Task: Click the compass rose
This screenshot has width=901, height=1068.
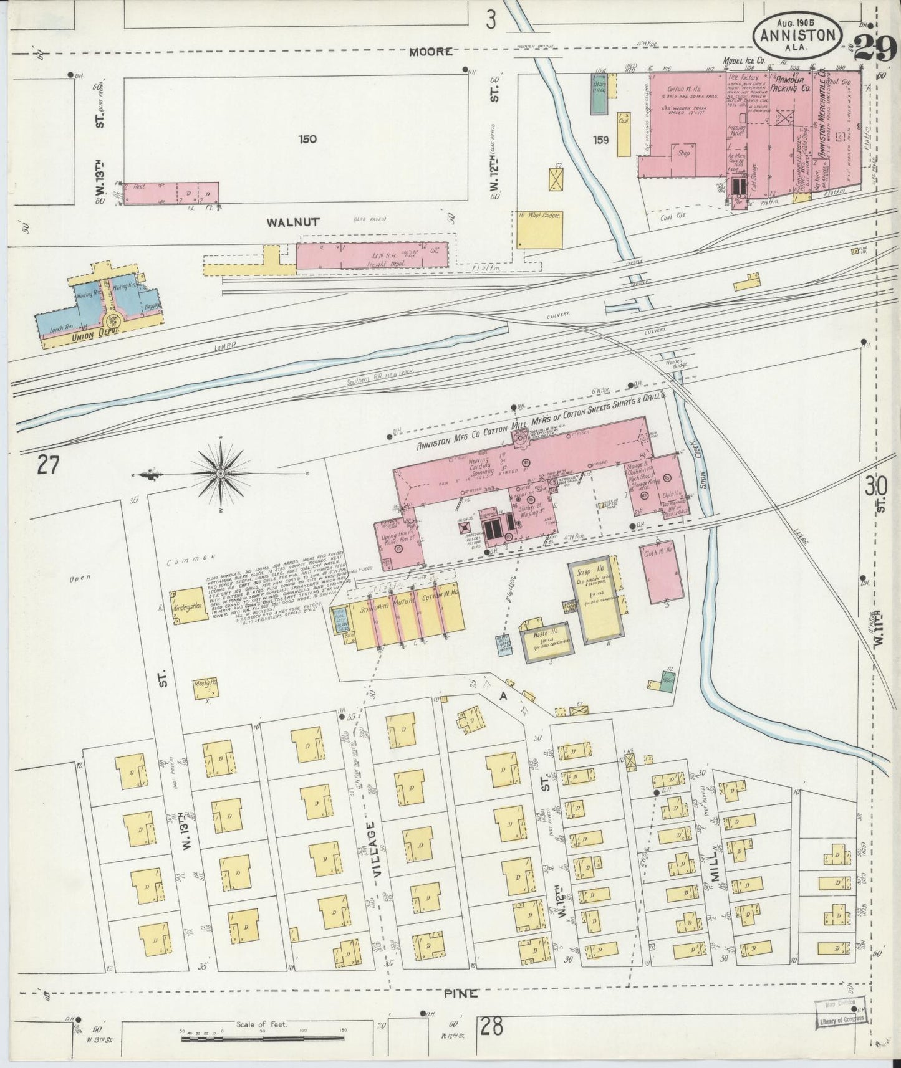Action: pos(221,475)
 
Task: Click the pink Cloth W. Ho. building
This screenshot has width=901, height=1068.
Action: pos(660,573)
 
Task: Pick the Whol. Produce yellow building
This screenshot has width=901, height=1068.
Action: pos(539,230)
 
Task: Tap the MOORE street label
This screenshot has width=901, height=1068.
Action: pos(430,52)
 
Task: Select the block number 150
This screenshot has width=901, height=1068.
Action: pos(307,140)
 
